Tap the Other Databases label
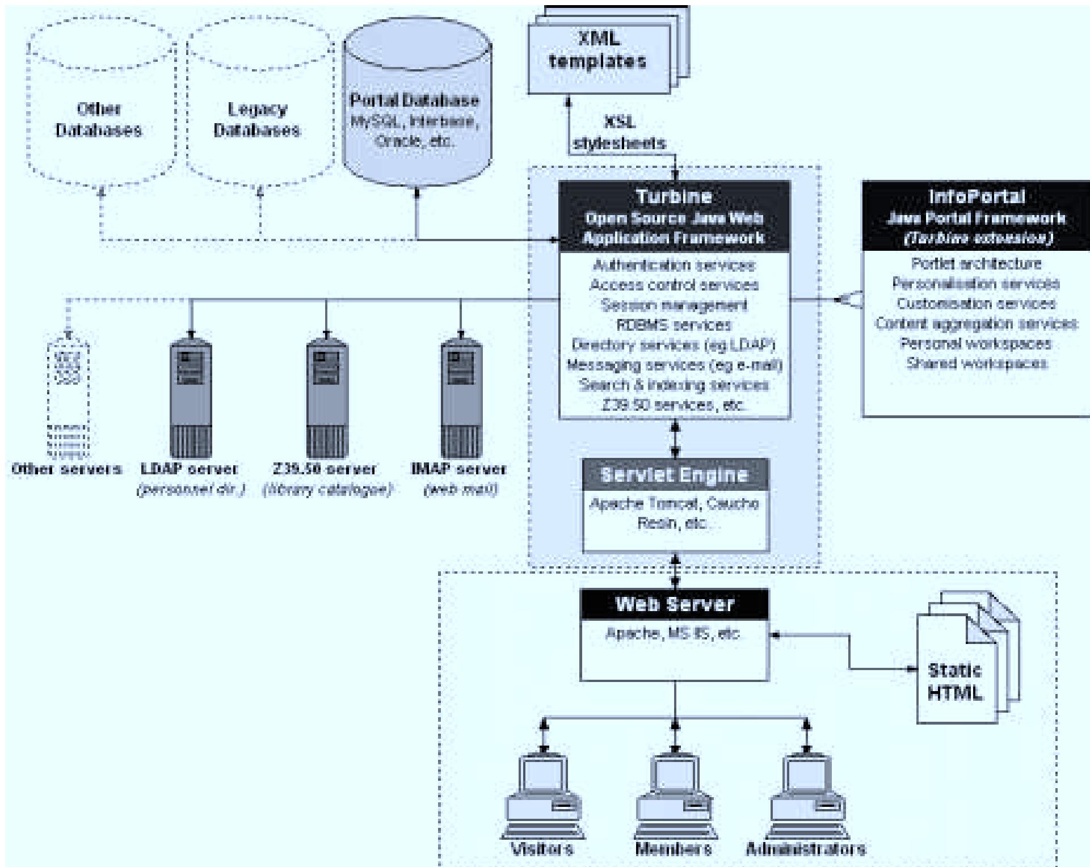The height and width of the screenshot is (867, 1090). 98,120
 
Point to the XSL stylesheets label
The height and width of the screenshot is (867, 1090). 619,133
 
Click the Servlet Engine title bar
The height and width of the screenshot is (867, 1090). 675,475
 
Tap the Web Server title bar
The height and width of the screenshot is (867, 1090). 675,604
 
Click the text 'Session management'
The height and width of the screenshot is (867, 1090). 674,305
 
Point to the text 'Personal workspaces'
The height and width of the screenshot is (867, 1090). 976,344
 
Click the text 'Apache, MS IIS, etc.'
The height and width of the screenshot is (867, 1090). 673,634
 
